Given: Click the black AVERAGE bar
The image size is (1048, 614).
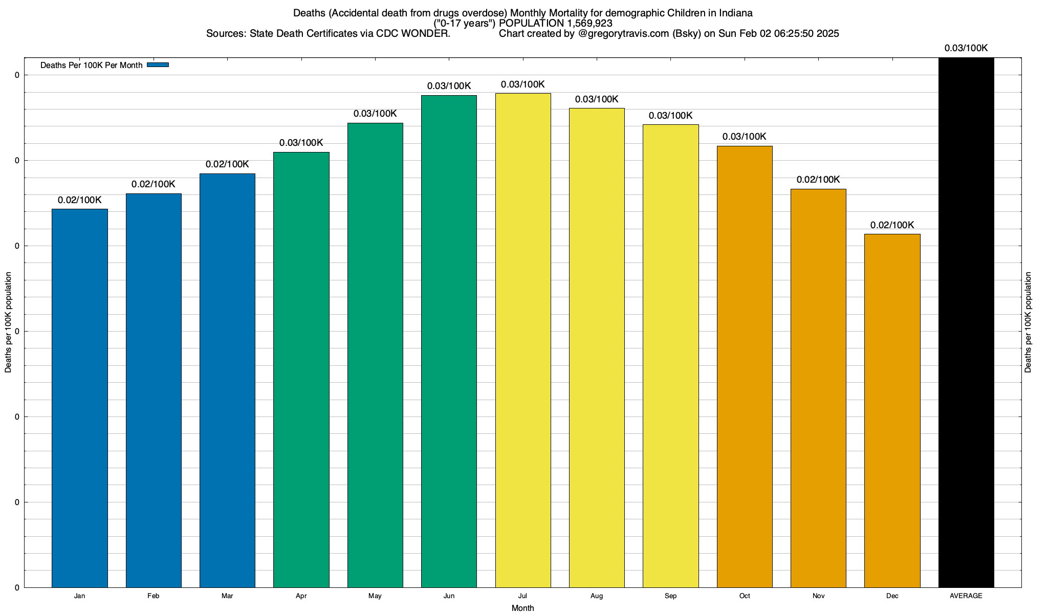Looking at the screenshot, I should pyautogui.click(x=966, y=322).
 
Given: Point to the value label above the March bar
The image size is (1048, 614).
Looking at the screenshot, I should pyautogui.click(x=227, y=164).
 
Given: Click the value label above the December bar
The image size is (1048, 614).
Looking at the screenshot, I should pyautogui.click(x=892, y=225).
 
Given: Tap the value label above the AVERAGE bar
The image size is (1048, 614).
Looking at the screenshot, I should pyautogui.click(x=966, y=48).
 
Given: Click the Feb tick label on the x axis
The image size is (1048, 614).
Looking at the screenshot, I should pyautogui.click(x=153, y=596).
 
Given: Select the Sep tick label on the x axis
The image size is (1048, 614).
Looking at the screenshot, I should pyautogui.click(x=670, y=596).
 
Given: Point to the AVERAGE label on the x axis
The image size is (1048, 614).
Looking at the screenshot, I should pyautogui.click(x=966, y=596).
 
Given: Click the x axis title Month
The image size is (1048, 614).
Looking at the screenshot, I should pyautogui.click(x=522, y=608).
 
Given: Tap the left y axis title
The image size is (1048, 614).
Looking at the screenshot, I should pyautogui.click(x=8, y=322).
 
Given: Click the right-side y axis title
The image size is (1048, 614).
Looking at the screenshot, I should pyautogui.click(x=1028, y=322).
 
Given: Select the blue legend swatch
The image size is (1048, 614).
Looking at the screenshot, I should pyautogui.click(x=158, y=65).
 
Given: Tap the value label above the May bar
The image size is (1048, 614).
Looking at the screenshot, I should pyautogui.click(x=375, y=114).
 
